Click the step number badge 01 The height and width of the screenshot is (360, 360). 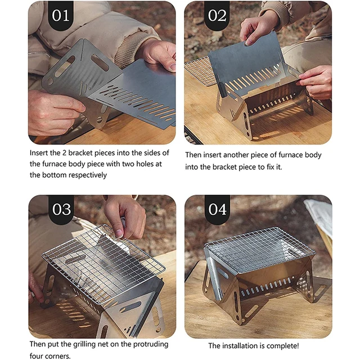pyautogui.click(x=61, y=15)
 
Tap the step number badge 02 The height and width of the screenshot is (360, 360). pyautogui.click(x=217, y=15)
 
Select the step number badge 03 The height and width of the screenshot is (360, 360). pyautogui.click(x=61, y=209)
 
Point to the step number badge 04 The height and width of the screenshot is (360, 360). pyautogui.click(x=217, y=209)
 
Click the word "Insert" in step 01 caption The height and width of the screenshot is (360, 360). pyautogui.click(x=40, y=153)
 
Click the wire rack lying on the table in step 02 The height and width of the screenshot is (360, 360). pyautogui.click(x=200, y=70)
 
